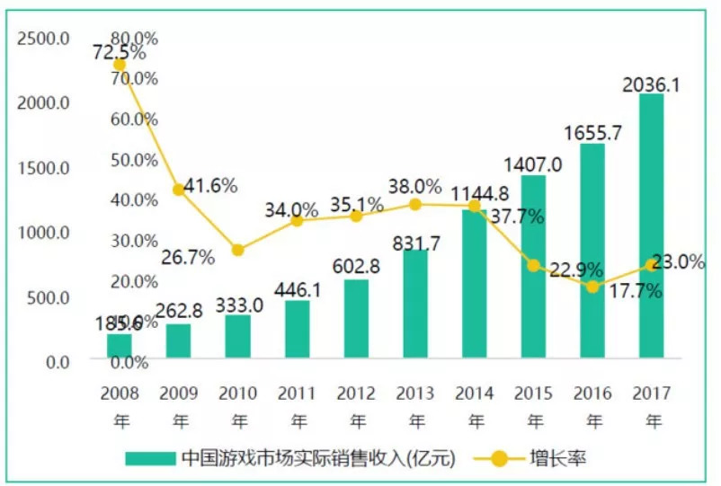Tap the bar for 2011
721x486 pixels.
point(297,329)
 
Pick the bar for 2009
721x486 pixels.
point(178,340)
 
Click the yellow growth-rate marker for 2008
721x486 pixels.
point(120,65)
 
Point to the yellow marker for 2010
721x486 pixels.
point(237,250)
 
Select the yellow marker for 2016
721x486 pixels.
point(592,287)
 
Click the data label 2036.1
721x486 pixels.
point(652,84)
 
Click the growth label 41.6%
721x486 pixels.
point(210,186)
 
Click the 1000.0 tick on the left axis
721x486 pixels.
point(42,232)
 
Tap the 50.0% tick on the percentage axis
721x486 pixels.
point(133,159)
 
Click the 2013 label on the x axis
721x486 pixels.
point(415,393)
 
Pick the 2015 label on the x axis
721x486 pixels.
point(533,393)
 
